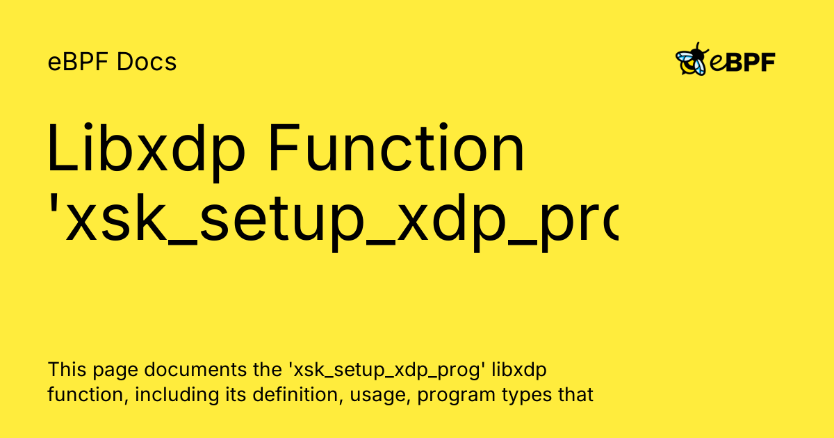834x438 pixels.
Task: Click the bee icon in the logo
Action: tap(691, 60)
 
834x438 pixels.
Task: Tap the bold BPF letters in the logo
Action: tap(750, 63)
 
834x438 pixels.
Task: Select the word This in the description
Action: tap(64, 369)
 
